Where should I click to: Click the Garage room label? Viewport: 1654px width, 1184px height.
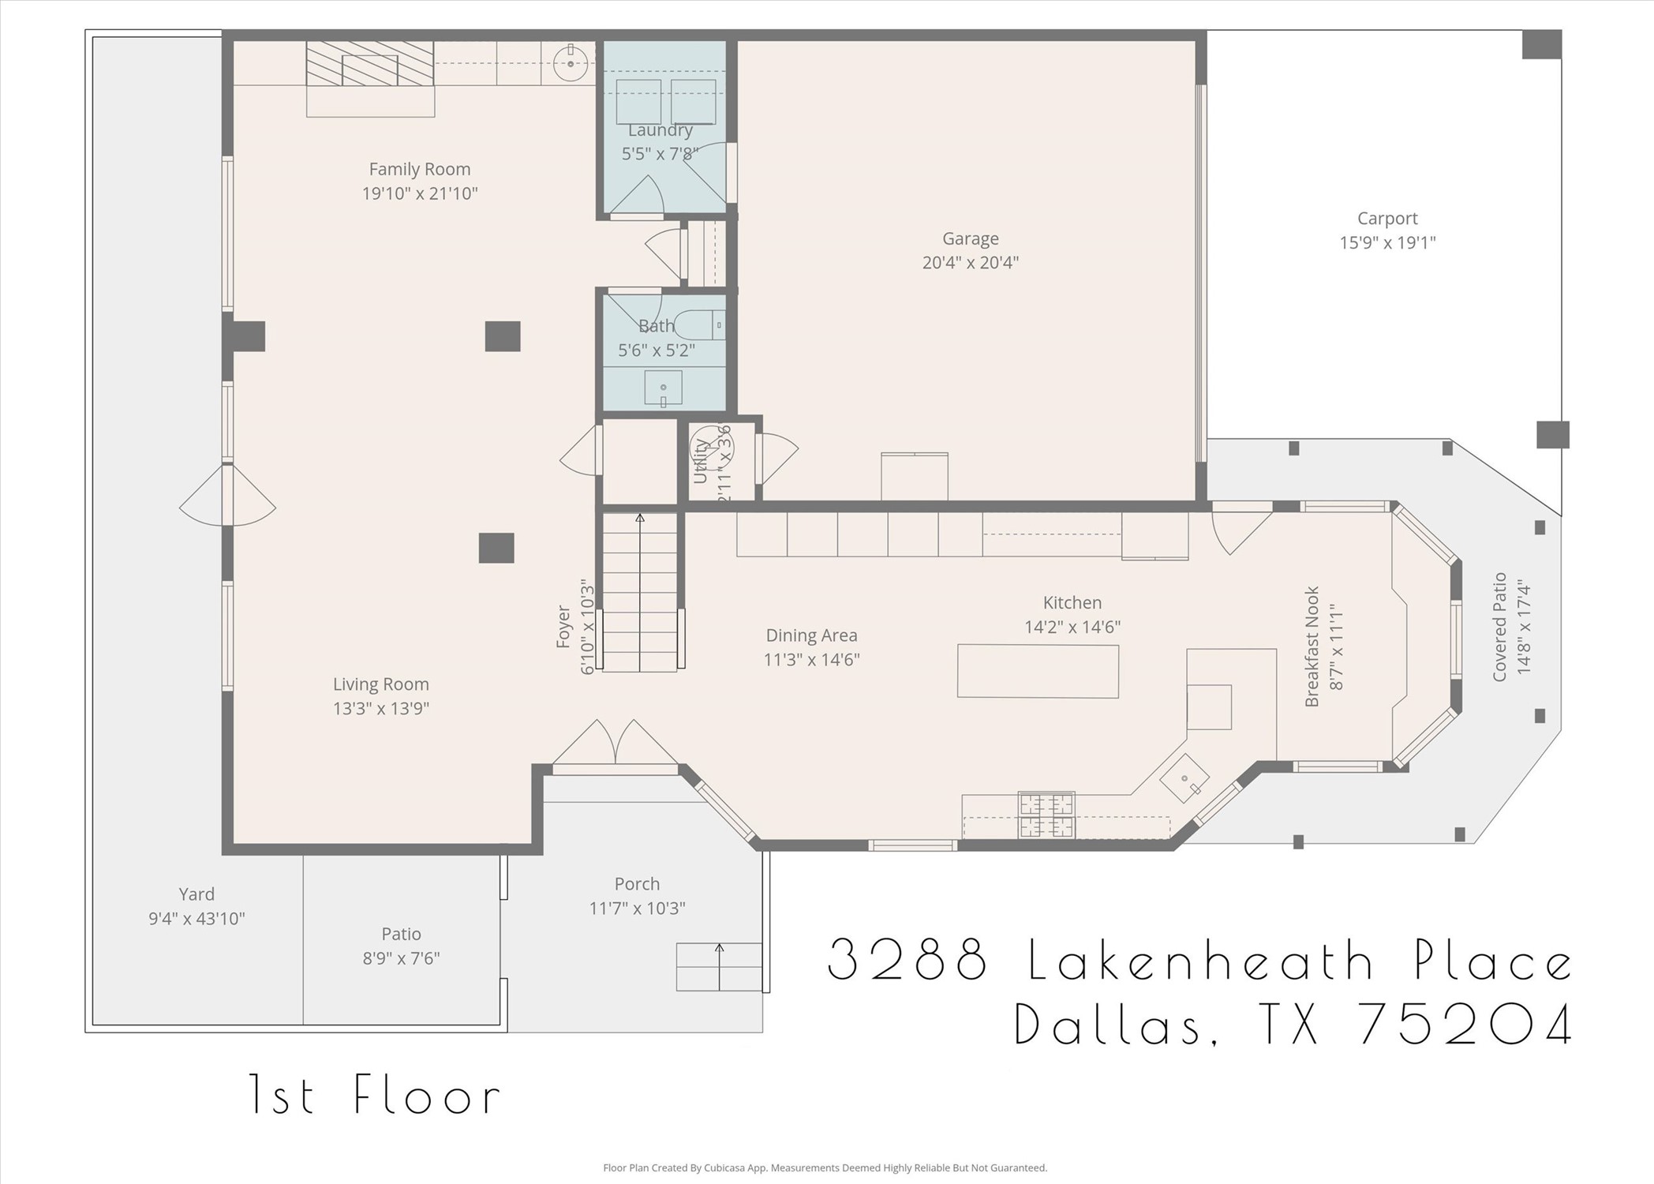[970, 238]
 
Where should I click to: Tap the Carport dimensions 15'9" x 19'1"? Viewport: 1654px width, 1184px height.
[1386, 243]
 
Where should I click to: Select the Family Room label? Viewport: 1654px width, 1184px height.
[419, 169]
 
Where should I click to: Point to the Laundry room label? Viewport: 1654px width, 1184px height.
[660, 130]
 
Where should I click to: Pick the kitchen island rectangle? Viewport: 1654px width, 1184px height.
[1038, 671]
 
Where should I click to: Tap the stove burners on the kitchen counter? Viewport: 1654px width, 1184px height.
[1046, 815]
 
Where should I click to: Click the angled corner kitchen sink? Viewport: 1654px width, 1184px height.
[1184, 778]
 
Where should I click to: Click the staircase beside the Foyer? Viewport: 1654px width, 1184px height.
[639, 592]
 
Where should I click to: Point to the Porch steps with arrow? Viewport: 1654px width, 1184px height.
[718, 967]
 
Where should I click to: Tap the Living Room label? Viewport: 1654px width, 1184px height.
[380, 684]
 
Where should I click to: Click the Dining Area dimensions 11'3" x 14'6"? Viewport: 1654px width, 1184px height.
[811, 660]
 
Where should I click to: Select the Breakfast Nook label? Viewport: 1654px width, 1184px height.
[1312, 646]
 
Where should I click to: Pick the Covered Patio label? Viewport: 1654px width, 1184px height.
[1499, 627]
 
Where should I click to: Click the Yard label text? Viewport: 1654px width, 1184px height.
[196, 894]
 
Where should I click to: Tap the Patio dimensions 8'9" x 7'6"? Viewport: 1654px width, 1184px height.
[401, 958]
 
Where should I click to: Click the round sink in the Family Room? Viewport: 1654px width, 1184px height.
[570, 63]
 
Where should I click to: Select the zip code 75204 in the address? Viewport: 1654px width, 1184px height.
[1465, 1024]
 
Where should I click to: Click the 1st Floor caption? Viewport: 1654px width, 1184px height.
[375, 1095]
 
